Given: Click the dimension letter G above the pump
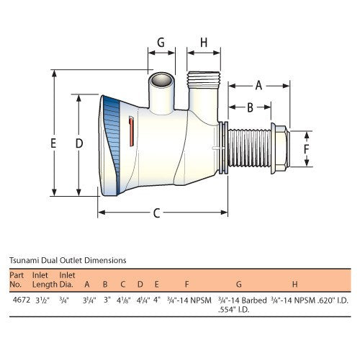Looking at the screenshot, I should coord(161,43).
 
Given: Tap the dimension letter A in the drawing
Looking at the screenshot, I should coord(258,85).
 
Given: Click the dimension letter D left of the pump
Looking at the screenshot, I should coord(79,143).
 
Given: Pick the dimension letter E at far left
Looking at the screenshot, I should coord(53,143).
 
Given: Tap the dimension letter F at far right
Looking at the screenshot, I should coord(307,149).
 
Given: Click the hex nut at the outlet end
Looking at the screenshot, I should coord(281,151).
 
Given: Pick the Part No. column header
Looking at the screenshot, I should coord(17,279).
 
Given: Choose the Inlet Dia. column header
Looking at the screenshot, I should coord(67,279).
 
